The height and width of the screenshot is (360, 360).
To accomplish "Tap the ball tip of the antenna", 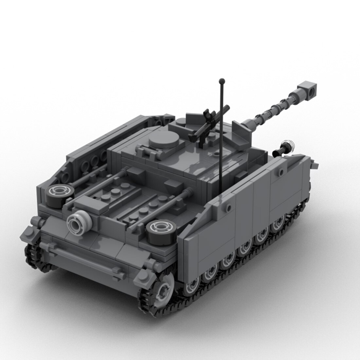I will (x=222, y=81).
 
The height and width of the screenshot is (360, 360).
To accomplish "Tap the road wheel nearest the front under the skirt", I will (x=279, y=223).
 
